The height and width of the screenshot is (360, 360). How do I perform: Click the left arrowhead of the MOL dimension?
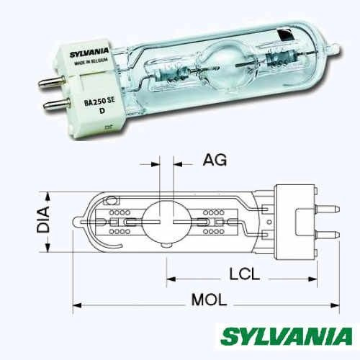(x=74, y=305)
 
